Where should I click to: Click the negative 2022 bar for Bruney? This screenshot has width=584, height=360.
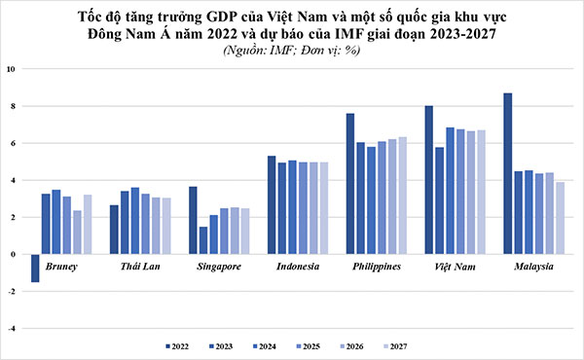(x=36, y=268)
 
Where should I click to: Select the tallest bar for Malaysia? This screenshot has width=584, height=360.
(x=508, y=173)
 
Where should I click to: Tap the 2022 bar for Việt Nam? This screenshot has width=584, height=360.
(x=429, y=180)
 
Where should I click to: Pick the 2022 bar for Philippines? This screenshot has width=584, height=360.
(x=350, y=184)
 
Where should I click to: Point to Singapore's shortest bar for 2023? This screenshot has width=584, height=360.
(x=203, y=240)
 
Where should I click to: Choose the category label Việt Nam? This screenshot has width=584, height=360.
(x=454, y=266)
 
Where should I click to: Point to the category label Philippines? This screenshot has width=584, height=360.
(x=375, y=266)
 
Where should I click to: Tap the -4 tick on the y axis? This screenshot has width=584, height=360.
(x=10, y=329)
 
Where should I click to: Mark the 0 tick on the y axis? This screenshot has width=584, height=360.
(x=12, y=255)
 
